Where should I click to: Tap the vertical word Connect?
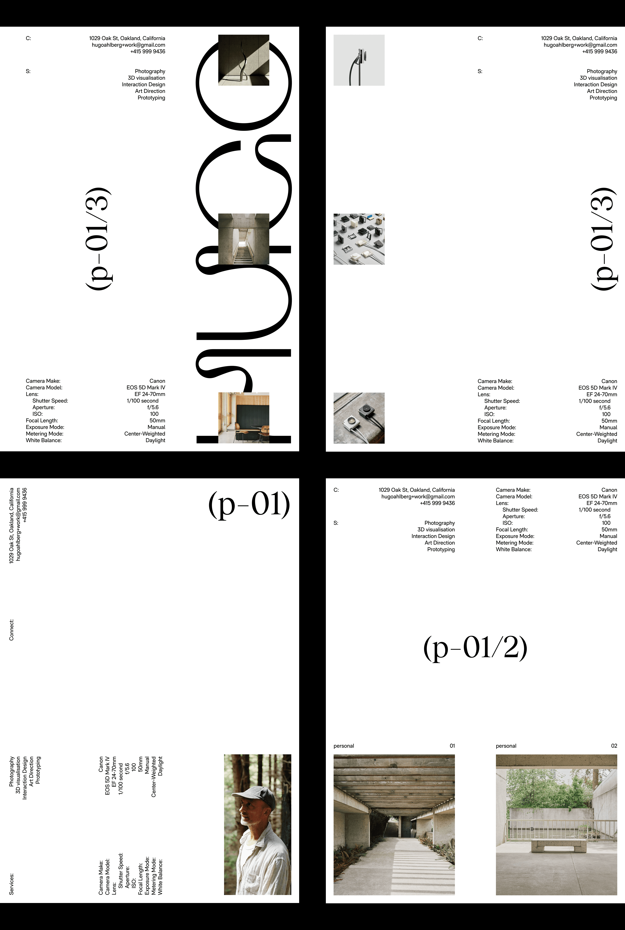12,629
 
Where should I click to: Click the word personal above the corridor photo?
344,746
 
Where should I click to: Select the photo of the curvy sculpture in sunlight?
243,60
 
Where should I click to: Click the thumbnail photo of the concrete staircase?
243,239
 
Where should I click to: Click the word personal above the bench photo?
506,746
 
